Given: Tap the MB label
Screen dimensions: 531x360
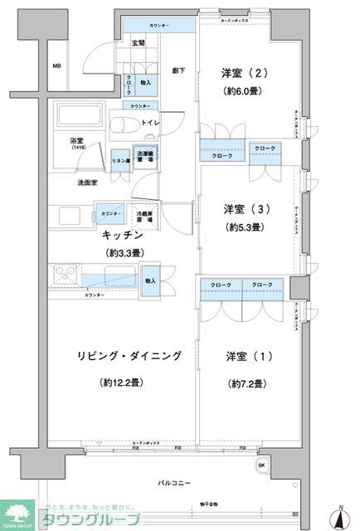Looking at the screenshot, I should [x=57, y=66].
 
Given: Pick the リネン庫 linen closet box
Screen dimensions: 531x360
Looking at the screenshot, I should [x=119, y=159].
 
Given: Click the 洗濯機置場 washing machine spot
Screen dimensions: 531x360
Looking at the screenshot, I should [x=144, y=158].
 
